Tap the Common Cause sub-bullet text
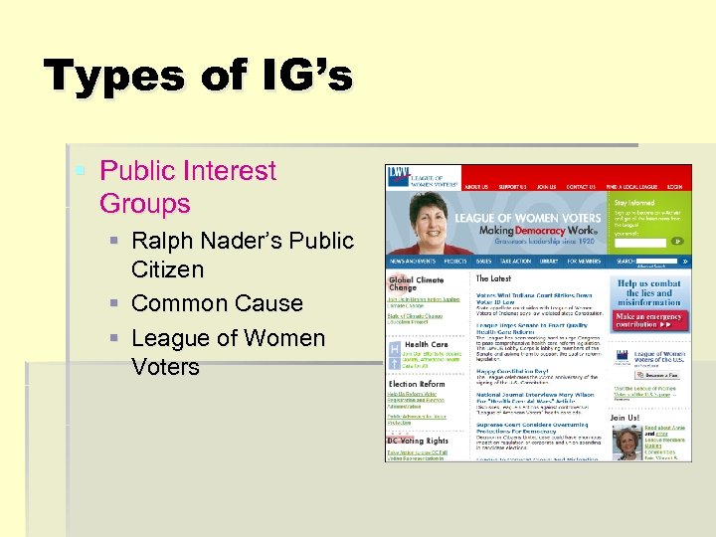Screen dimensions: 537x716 pyautogui.click(x=217, y=303)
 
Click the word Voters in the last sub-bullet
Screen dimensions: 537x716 pyautogui.click(x=165, y=366)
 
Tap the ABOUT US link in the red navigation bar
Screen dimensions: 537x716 pyautogui.click(x=476, y=187)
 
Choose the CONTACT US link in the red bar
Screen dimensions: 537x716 pyautogui.click(x=580, y=187)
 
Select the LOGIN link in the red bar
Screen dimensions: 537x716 pyautogui.click(x=674, y=187)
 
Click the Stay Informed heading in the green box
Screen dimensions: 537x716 pyautogui.click(x=634, y=202)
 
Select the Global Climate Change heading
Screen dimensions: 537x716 pyautogui.click(x=416, y=285)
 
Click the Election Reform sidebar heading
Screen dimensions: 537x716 pyautogui.click(x=416, y=383)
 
